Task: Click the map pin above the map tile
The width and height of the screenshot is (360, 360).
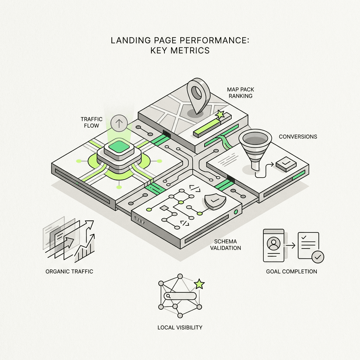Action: [x=198, y=95]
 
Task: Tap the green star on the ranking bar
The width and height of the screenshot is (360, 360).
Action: [x=220, y=114]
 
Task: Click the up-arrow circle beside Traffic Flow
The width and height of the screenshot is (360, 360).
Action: [x=119, y=123]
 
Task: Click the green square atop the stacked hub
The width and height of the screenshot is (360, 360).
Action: [x=118, y=146]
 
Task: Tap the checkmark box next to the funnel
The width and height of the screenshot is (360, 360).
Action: [x=286, y=164]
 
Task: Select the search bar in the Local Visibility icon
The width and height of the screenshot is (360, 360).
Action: [x=180, y=296]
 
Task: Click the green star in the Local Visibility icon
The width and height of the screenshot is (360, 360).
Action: [x=199, y=284]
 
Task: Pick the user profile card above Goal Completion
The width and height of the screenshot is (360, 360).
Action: [x=274, y=245]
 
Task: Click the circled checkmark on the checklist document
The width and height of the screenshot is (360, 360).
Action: [x=318, y=257]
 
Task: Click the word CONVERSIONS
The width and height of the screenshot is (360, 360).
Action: [x=298, y=137]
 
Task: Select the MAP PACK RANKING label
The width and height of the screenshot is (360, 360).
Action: [x=240, y=93]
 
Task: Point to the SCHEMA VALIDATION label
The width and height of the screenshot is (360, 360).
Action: [x=225, y=245]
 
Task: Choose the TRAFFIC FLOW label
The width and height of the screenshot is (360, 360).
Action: [x=91, y=122]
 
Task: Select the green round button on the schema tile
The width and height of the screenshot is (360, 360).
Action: [x=236, y=212]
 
